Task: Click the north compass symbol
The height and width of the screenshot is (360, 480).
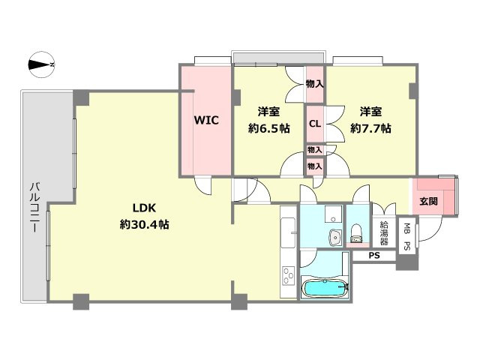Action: click(42, 64)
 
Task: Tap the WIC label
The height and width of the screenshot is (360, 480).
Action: click(206, 120)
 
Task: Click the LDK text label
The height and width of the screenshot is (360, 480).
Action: click(144, 208)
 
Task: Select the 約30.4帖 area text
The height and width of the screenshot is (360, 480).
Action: click(144, 225)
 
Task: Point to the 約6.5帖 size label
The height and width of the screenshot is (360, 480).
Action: click(269, 128)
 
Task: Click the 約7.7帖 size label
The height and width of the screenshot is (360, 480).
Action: click(370, 128)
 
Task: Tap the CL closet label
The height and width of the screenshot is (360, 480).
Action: click(315, 124)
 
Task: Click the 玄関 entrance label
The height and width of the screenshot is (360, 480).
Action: click(428, 201)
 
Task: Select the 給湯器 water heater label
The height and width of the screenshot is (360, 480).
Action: click(384, 233)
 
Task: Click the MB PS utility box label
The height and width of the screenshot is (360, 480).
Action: click(406, 237)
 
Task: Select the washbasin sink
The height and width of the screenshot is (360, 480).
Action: click(336, 238)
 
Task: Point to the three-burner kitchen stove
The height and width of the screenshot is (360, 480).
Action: click(288, 276)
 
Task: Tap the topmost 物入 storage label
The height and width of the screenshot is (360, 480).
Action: click(315, 84)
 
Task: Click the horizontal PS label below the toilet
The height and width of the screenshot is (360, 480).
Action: click(374, 255)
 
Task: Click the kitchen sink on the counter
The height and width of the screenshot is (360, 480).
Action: click(288, 232)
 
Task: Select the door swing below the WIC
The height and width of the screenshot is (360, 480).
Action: click(203, 185)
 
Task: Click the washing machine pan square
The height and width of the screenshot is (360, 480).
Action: click(333, 214)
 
